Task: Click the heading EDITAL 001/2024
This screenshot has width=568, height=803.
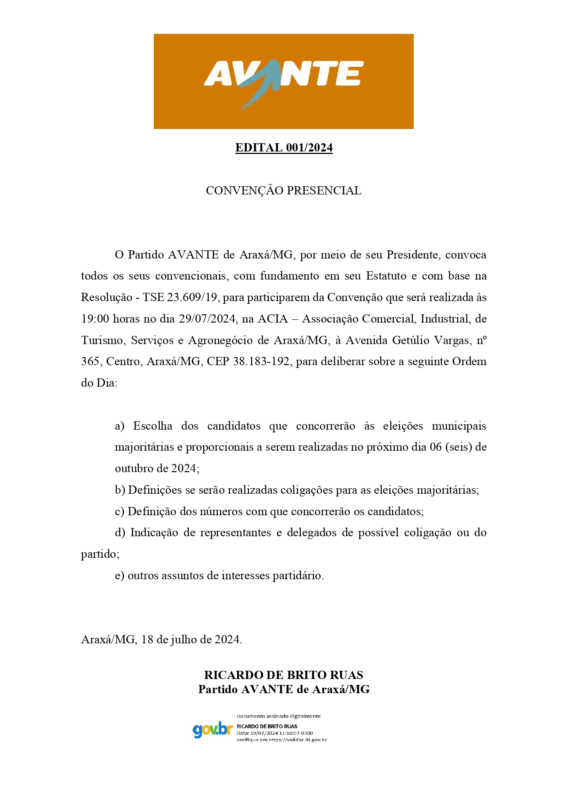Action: tap(284, 148)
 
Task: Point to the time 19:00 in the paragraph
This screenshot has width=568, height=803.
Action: tap(95, 319)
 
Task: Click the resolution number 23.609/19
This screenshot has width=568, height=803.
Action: tap(192, 297)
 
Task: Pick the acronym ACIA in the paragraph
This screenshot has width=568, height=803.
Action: tap(273, 319)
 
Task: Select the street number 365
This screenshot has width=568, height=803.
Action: tap(90, 361)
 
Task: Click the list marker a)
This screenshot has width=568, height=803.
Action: tap(119, 426)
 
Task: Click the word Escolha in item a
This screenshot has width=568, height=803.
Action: tap(152, 426)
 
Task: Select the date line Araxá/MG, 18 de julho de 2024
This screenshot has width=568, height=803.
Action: tap(162, 640)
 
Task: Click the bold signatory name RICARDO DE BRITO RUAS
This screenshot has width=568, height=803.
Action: tap(284, 675)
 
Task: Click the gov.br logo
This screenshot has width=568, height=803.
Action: tap(212, 729)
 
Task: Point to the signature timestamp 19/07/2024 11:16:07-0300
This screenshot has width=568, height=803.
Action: tap(281, 733)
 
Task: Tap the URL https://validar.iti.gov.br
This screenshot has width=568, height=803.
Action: tap(298, 739)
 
